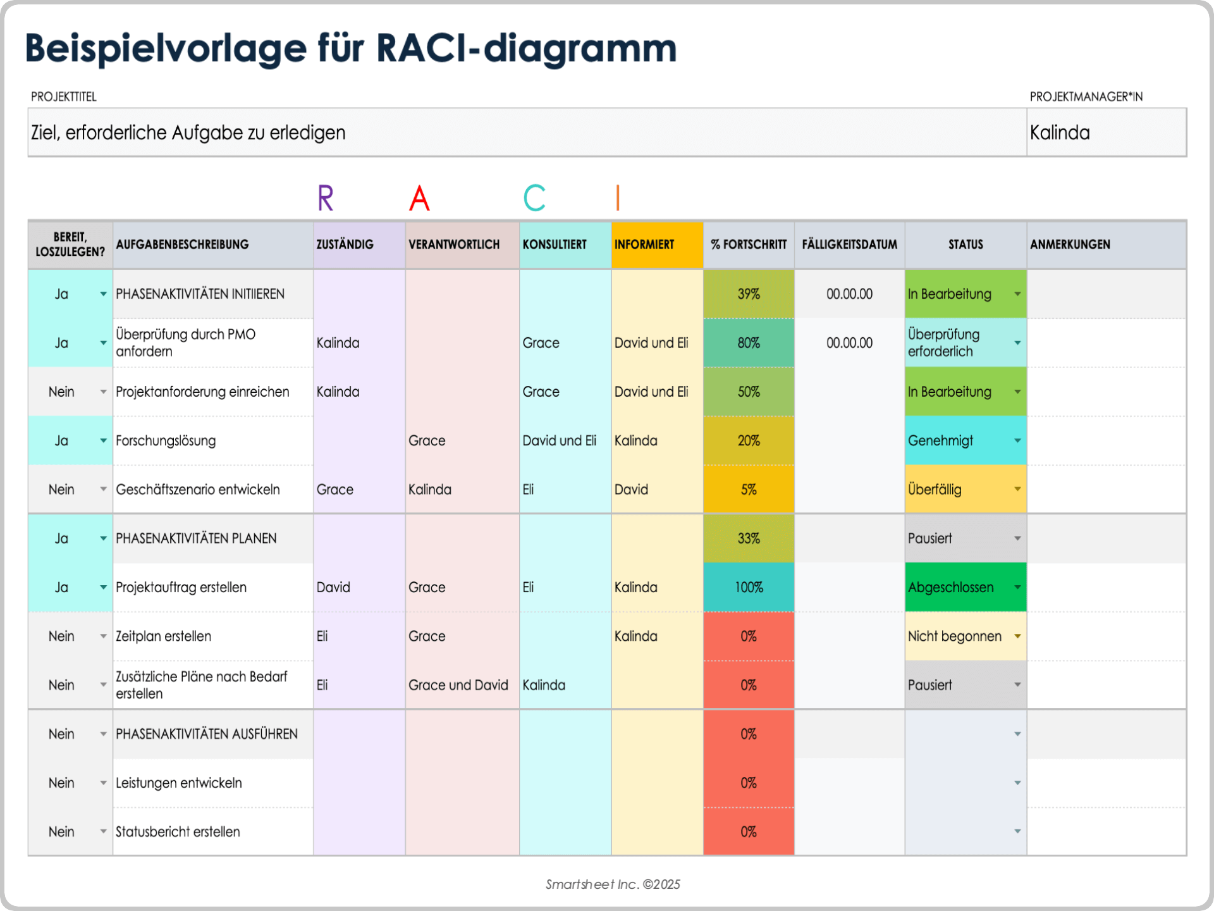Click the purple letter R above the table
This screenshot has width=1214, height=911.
click(326, 198)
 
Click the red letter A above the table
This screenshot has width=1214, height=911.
click(419, 198)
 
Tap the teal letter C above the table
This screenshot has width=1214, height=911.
click(534, 198)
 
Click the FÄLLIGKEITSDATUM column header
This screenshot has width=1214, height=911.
click(849, 244)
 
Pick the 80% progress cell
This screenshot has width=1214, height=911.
click(749, 343)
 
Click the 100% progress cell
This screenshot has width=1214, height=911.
click(749, 587)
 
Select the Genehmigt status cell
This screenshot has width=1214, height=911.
click(958, 440)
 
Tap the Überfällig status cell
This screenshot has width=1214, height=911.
click(958, 489)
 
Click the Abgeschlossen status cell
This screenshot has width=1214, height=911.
click(958, 587)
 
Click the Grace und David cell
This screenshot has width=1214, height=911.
click(458, 685)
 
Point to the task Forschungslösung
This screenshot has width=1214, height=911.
click(166, 440)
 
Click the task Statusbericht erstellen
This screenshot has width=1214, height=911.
click(178, 831)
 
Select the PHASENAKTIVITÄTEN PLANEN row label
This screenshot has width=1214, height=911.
click(196, 538)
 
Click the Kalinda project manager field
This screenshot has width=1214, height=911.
click(1105, 132)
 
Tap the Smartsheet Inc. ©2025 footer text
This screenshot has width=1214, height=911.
click(613, 884)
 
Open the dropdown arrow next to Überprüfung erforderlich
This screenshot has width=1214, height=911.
click(1017, 343)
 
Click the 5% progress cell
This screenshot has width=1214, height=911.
click(749, 489)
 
